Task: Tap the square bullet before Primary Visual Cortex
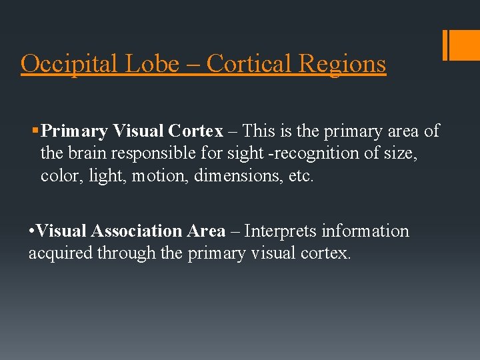click(x=36, y=131)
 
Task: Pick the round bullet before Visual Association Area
click(x=32, y=231)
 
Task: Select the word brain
click(x=89, y=153)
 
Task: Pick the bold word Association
click(x=136, y=231)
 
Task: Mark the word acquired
click(x=61, y=253)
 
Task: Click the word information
click(x=365, y=231)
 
